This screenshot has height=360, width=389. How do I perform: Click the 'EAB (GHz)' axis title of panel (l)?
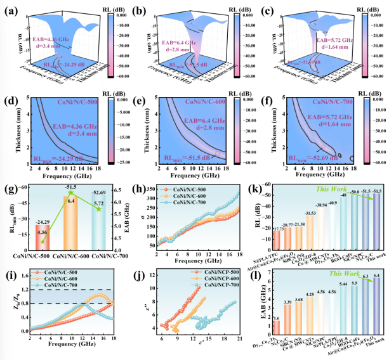pyautogui.click(x=254, y=303)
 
